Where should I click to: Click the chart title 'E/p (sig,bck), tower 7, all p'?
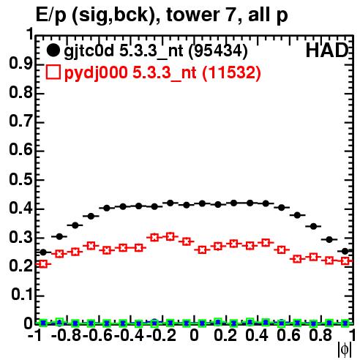[162, 15]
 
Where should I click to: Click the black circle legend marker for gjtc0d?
[53, 50]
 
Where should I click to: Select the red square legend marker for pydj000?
[53, 72]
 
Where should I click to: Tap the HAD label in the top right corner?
[327, 50]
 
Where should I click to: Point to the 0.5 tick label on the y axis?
[20, 179]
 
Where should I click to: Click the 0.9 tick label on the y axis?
[20, 64]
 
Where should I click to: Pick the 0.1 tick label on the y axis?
[22, 295]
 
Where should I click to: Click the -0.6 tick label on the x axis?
[97, 336]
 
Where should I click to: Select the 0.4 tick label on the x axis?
[257, 336]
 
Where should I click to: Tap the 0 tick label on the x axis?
[194, 336]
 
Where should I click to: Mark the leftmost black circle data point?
[43, 252]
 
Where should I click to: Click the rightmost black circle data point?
[345, 251]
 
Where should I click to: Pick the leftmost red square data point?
[43, 264]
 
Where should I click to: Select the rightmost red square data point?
[345, 261]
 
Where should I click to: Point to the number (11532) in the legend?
[231, 72]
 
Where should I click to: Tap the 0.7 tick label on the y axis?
[20, 121]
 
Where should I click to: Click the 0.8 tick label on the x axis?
[320, 336]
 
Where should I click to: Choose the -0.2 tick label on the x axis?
[161, 336]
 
